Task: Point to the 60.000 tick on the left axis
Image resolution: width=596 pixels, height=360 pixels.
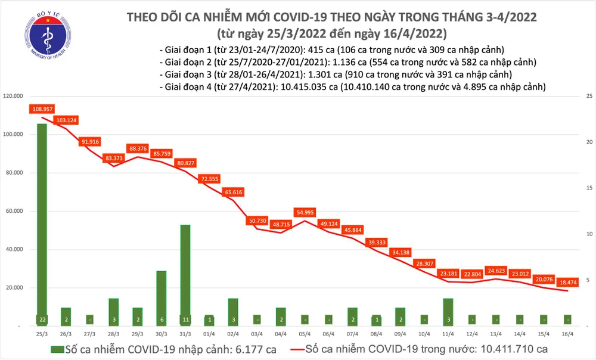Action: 16,211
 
